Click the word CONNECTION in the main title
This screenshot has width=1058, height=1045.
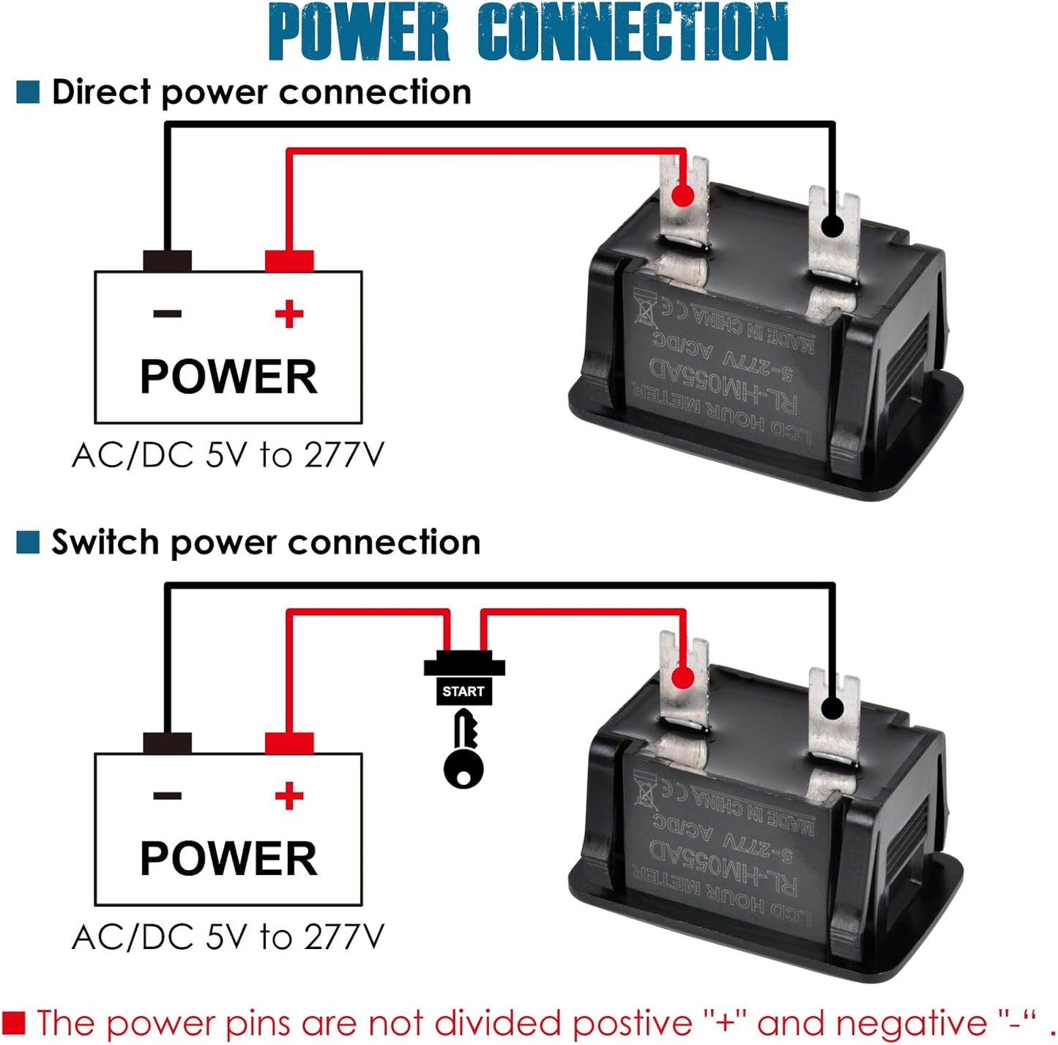(x=633, y=32)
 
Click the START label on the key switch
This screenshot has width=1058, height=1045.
(x=463, y=691)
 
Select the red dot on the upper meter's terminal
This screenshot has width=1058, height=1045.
(x=683, y=196)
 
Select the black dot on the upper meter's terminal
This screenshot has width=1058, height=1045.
(x=832, y=226)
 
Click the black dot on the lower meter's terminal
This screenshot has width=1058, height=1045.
(x=832, y=708)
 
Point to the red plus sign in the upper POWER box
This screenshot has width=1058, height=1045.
(x=289, y=314)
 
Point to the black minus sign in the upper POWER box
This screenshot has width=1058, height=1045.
(x=168, y=314)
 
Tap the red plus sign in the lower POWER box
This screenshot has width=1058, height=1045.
(x=289, y=796)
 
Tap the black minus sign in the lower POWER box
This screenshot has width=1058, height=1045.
(x=168, y=796)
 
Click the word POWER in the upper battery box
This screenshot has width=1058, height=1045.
(x=228, y=377)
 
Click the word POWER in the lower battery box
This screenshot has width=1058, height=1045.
(x=228, y=859)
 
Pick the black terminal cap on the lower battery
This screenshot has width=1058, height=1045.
(x=168, y=743)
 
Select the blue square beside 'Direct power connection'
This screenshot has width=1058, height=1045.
(x=28, y=92)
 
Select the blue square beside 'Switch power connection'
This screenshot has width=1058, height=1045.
(x=28, y=543)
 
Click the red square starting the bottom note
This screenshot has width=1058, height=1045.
(x=14, y=1022)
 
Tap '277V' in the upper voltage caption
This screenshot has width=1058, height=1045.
(x=344, y=455)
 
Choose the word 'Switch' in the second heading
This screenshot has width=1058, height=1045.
(x=105, y=543)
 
